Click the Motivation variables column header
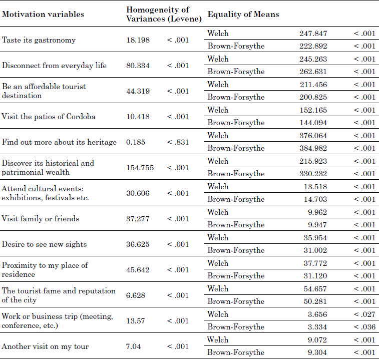click(x=43, y=14)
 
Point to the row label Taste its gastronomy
click(x=39, y=40)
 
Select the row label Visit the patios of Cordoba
click(x=49, y=117)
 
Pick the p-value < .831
click(x=178, y=142)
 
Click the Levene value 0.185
click(x=136, y=142)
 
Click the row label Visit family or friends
click(x=41, y=219)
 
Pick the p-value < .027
click(x=364, y=314)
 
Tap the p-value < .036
click(x=364, y=327)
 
